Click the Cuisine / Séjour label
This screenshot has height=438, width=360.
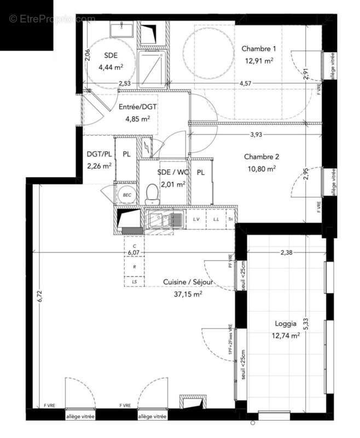[x=188, y=282]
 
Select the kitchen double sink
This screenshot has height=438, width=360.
[x=165, y=220]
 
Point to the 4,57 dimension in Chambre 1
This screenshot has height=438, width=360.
[x=246, y=83]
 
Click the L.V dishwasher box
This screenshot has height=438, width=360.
[x=196, y=219]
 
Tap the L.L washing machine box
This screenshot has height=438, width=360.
[x=216, y=219]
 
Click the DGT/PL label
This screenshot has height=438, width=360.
[x=99, y=154]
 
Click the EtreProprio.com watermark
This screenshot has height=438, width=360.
[x=52, y=19]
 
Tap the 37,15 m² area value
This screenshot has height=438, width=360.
[x=188, y=293]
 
